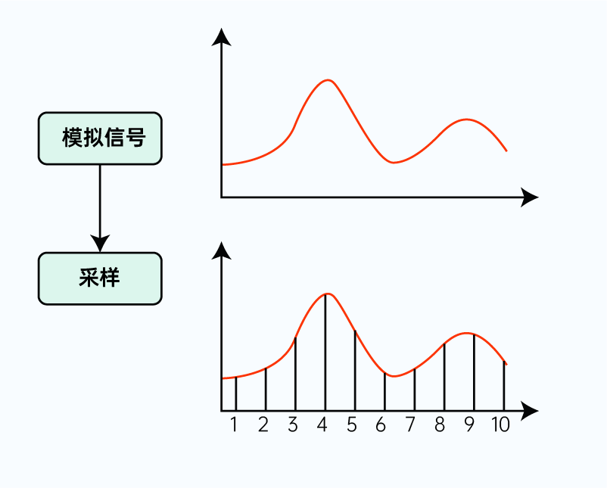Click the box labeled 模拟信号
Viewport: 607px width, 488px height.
100,138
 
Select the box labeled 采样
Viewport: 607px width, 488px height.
100,278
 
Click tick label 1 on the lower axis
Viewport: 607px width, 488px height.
234,425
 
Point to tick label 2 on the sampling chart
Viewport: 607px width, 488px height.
263,425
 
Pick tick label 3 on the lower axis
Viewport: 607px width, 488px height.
293,425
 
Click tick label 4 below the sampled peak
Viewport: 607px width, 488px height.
322,425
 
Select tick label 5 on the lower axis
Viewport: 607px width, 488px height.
352,425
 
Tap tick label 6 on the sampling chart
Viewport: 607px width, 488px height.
381,425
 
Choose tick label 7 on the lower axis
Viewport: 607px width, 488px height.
410,425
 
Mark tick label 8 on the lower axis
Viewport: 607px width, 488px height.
440,425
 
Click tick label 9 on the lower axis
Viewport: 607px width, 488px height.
469,425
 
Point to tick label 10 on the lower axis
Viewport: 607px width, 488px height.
500,425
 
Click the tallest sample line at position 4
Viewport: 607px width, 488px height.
325,352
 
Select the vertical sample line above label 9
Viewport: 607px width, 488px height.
474,372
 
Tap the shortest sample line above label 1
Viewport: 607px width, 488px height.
236,393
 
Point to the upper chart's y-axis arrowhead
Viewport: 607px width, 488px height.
221,36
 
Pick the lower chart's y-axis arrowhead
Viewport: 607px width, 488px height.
221,250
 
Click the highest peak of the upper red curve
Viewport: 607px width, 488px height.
327,79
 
